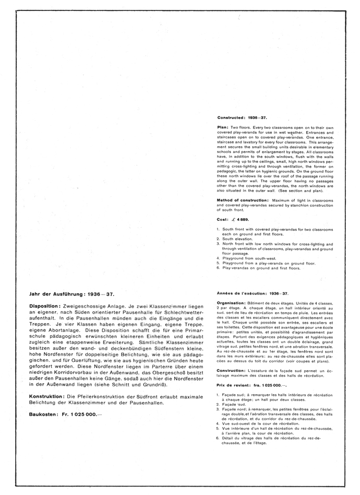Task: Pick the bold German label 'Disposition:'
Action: pyautogui.click(x=46, y=305)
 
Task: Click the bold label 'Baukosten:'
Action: pyautogui.click(x=45, y=414)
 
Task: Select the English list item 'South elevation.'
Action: pyautogui.click(x=237, y=239)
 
